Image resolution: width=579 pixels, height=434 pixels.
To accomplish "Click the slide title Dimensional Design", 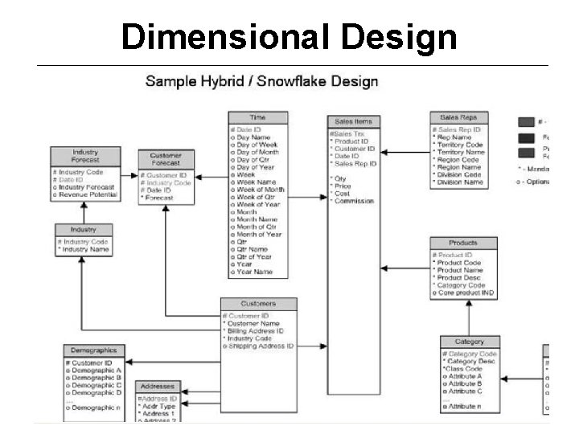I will pos(289,36).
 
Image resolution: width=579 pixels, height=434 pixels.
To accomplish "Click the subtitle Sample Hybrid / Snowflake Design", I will pos(261,81).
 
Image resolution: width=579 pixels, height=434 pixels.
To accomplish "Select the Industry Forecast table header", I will pos(85,155).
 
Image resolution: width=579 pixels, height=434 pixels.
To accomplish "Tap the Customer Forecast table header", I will pos(166,159).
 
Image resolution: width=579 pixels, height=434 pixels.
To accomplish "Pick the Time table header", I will pos(257,117).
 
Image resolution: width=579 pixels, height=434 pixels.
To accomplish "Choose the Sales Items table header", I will pos(352,121).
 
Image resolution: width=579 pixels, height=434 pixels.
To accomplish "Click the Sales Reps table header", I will pos(458,117).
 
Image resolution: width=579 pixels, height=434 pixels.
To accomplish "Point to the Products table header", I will pos(462,243).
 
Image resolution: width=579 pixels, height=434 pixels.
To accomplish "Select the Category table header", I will pos(469,342).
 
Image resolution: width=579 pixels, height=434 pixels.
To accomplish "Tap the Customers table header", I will pos(257,304).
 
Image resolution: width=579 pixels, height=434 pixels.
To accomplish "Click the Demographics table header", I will pos(94,350).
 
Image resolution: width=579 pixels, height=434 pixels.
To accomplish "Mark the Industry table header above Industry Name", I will pos(84,230).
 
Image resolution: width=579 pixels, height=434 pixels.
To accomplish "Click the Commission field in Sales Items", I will pos(355,201).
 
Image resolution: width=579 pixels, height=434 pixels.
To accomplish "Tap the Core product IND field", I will pos(467,293).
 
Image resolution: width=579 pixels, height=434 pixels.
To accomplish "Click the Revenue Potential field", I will pos(88,194).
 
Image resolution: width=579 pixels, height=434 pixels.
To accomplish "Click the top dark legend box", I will pos(526,122).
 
